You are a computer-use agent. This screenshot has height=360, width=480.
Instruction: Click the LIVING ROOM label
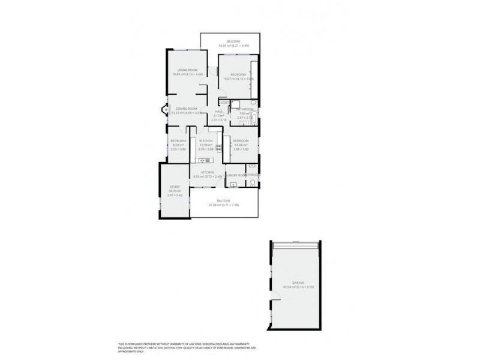tap(179, 72)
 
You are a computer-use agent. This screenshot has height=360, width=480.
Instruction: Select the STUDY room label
tap(175, 187)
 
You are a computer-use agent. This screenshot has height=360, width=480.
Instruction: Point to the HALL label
tap(219, 112)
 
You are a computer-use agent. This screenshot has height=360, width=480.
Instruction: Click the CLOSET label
tap(223, 103)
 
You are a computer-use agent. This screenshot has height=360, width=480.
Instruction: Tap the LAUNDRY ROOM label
tap(236, 175)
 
